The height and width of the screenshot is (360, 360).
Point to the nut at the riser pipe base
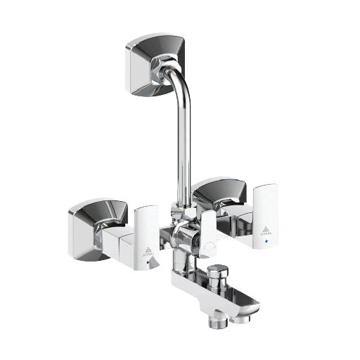click(185, 212)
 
